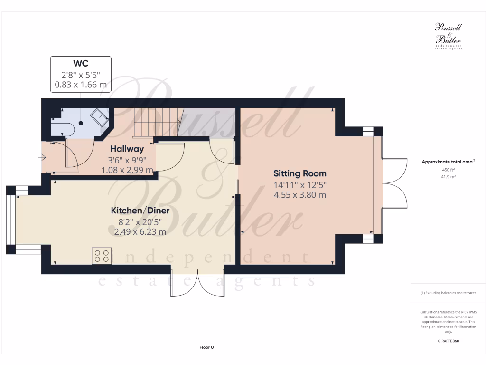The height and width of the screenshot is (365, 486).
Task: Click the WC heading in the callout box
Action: (81, 64)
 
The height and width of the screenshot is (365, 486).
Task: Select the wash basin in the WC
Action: (100, 117)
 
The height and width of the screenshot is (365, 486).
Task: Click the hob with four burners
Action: (101, 256)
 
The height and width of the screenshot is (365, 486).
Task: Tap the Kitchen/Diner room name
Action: (140, 211)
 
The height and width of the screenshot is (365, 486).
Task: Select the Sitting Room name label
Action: (300, 173)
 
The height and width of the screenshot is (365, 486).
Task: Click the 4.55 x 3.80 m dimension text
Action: (300, 195)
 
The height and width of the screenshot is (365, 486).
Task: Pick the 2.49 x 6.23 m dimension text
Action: (140, 232)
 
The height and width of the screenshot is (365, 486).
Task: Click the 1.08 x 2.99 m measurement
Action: (127, 170)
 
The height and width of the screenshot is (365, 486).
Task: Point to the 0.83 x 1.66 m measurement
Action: (81, 86)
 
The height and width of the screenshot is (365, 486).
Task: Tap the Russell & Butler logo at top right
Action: (448, 36)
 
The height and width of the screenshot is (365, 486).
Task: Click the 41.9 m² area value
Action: (448, 176)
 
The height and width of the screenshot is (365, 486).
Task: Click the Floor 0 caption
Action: (206, 347)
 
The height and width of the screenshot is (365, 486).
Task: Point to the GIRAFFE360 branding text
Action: (448, 341)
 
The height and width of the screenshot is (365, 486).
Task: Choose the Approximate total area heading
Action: (448, 162)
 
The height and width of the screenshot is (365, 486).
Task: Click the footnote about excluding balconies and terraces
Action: (448, 293)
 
